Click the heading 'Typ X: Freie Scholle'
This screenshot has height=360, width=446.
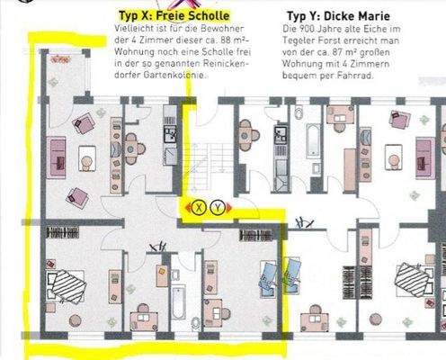(174, 15)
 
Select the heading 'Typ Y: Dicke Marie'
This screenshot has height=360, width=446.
(338, 16)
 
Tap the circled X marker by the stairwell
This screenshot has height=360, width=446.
(199, 207)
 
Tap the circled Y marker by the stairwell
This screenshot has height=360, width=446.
(218, 207)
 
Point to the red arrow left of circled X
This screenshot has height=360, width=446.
(188, 207)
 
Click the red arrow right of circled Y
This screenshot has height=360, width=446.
(228, 207)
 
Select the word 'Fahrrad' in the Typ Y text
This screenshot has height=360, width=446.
(355, 75)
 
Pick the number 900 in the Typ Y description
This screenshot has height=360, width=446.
(305, 29)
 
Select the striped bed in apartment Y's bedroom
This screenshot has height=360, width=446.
(413, 280)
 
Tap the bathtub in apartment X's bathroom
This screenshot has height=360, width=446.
(179, 301)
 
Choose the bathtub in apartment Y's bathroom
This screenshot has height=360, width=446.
(312, 140)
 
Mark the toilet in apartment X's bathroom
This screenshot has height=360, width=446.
(196, 322)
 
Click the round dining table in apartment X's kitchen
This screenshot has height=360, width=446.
(131, 148)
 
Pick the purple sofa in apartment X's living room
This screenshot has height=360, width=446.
(56, 157)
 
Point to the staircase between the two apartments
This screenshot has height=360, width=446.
(210, 166)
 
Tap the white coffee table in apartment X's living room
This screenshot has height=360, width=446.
(87, 158)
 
